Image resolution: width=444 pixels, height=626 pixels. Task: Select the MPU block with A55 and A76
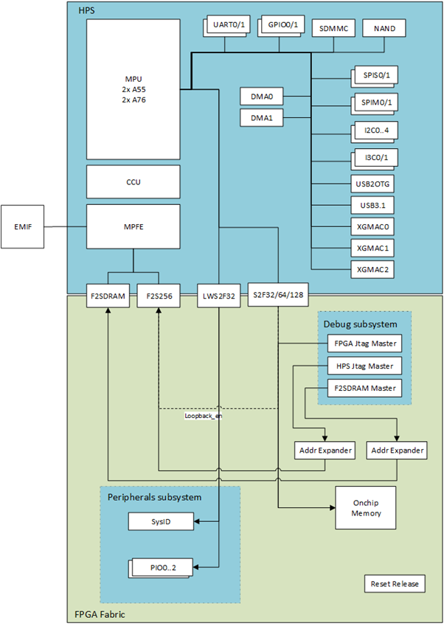point(133,88)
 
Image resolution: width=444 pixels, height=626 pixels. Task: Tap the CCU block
point(133,181)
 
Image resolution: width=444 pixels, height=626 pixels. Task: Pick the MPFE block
point(133,226)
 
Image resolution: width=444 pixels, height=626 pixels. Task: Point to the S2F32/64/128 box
point(277,296)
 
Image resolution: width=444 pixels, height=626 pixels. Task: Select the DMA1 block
point(262,118)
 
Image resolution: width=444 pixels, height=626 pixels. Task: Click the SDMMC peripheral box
point(333,28)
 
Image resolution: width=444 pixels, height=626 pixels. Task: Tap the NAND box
point(384,28)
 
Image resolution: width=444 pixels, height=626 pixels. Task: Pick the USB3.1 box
point(372,206)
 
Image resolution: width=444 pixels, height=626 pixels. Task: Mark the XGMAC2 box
point(372,270)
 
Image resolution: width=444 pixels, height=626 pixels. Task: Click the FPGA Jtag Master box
point(363,343)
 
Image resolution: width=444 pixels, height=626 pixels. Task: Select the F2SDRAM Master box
point(363,388)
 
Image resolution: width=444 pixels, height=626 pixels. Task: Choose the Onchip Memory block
point(366,507)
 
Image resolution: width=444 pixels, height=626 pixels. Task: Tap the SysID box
point(162,522)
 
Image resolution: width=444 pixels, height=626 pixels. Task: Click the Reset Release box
point(395,584)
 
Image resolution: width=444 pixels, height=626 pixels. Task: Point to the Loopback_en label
point(203,416)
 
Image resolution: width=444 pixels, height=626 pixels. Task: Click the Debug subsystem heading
point(360,324)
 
